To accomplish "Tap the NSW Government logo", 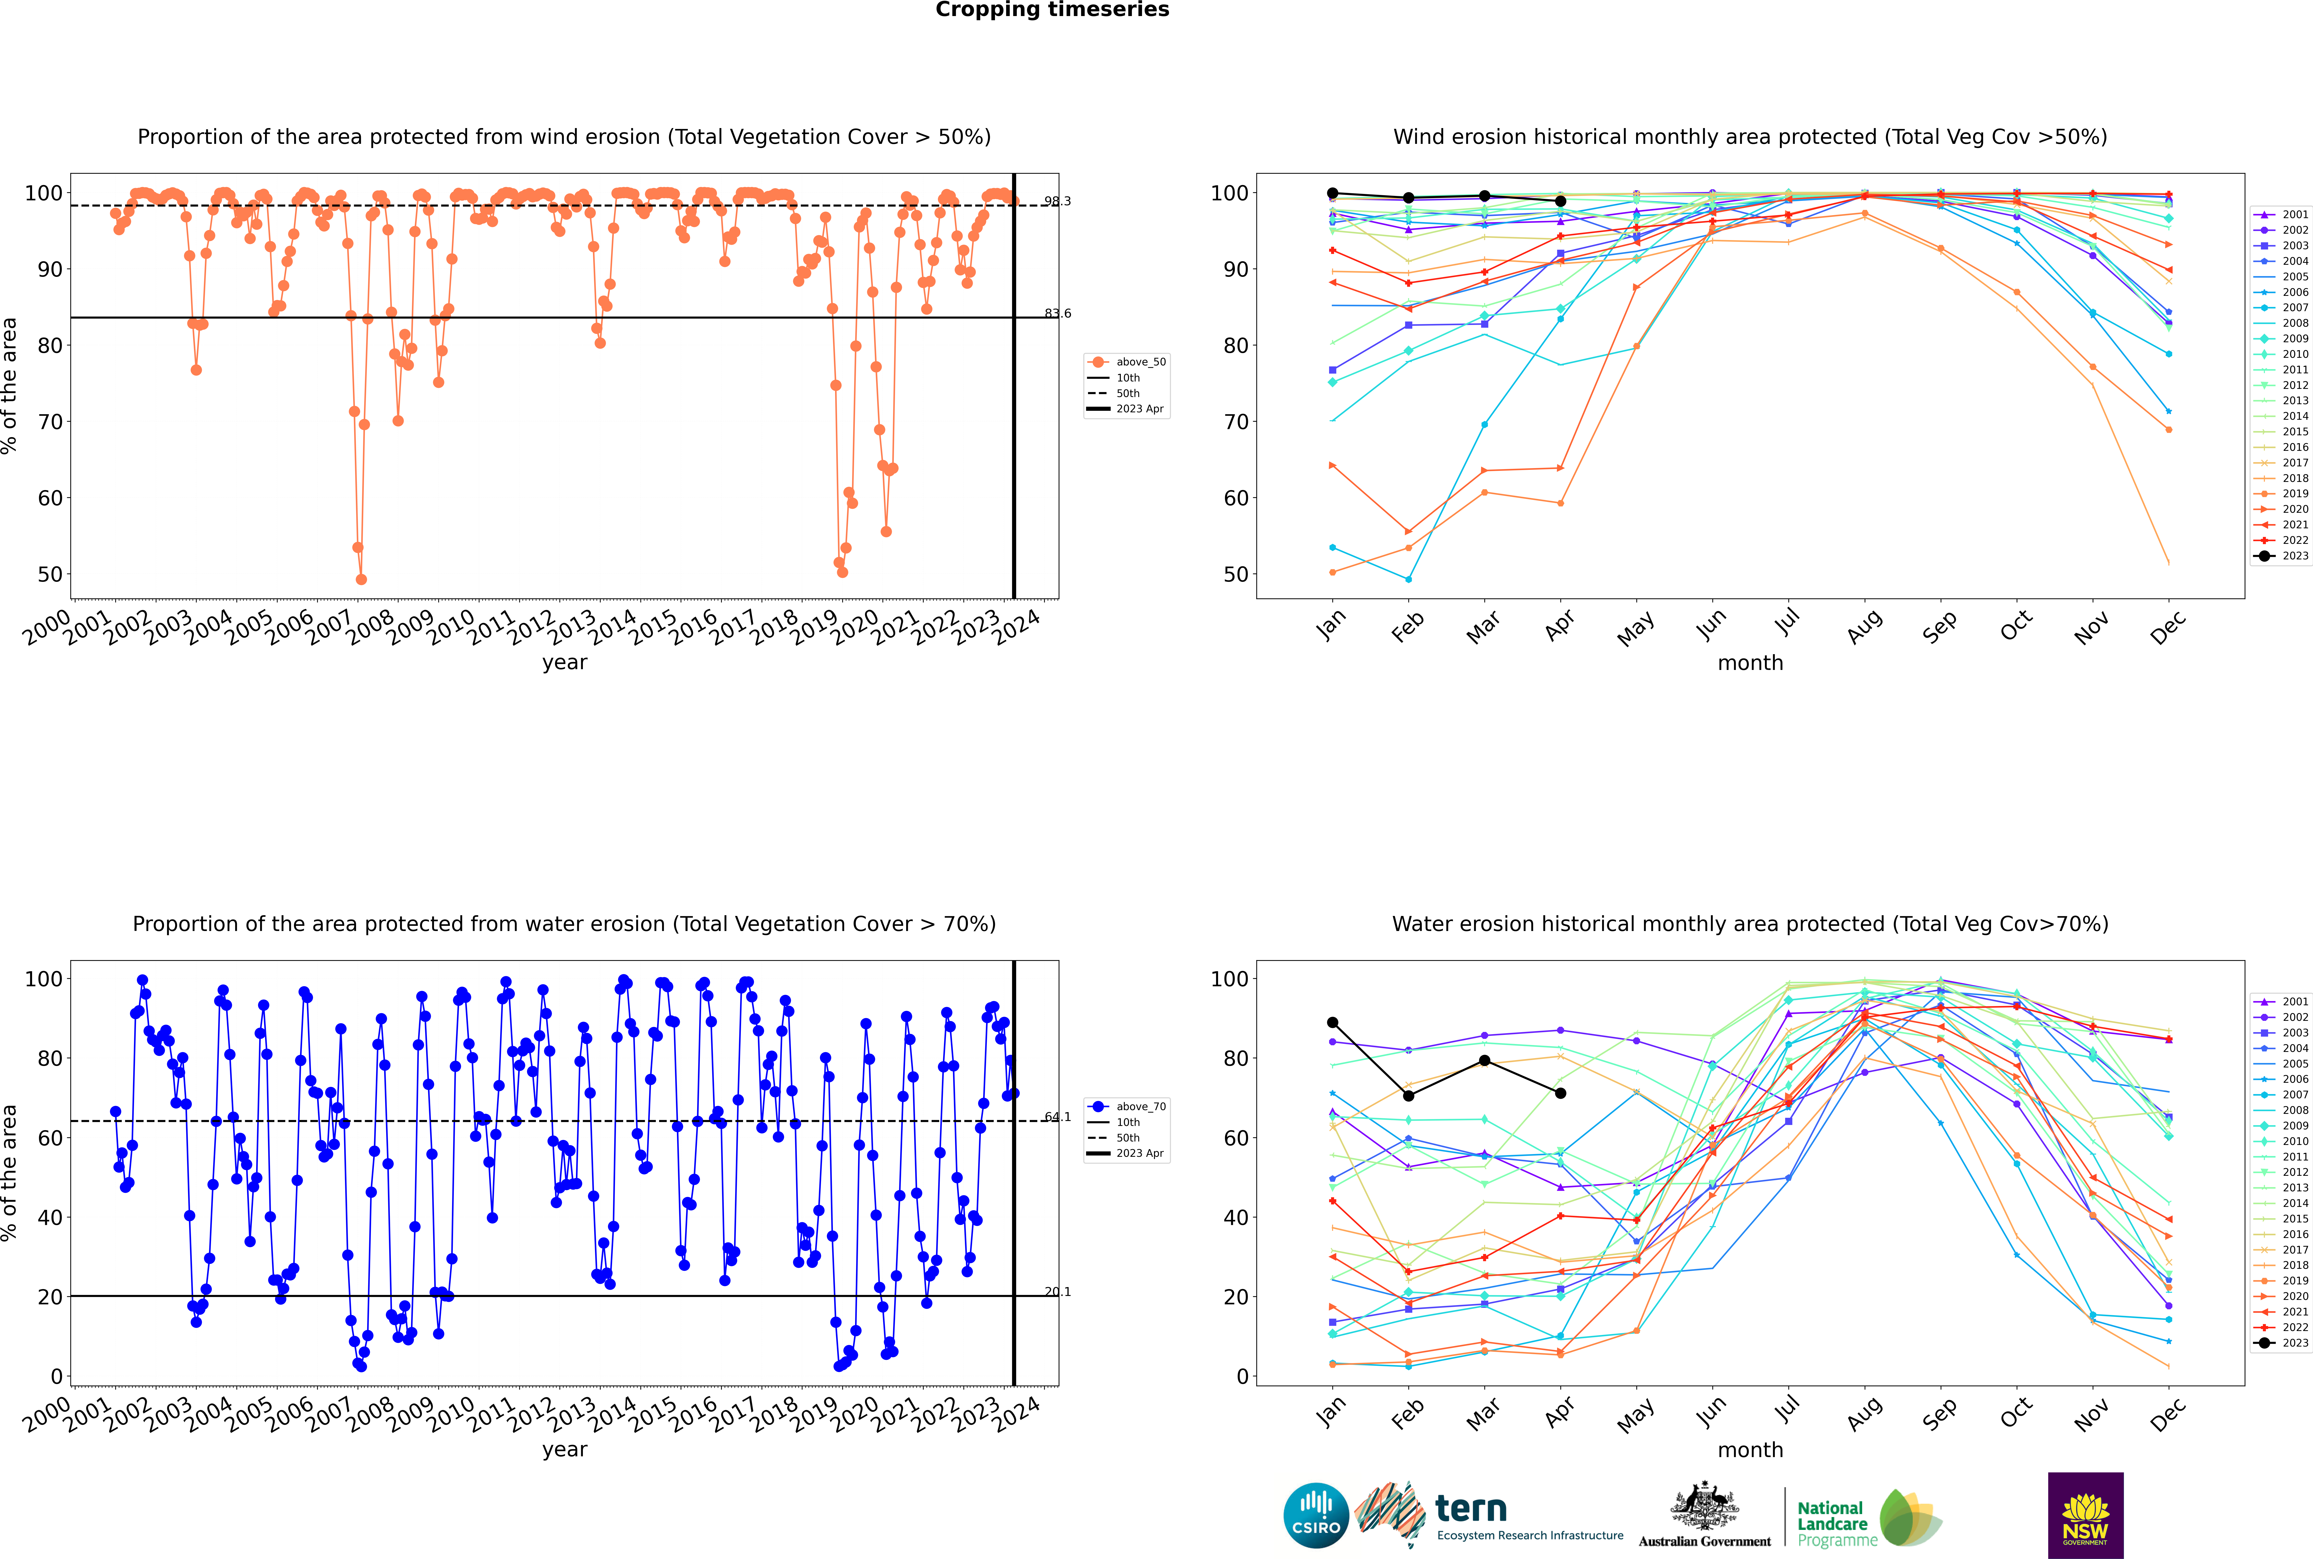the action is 2085,1515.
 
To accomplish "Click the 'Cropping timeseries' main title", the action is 1052,10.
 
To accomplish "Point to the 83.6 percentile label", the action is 1057,313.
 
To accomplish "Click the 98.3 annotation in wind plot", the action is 1057,201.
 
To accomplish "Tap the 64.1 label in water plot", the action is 1057,1117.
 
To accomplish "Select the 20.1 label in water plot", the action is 1057,1292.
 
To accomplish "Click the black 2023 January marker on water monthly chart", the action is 1333,1022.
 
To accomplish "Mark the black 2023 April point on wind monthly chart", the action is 1560,201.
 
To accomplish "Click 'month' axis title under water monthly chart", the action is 1750,1450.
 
